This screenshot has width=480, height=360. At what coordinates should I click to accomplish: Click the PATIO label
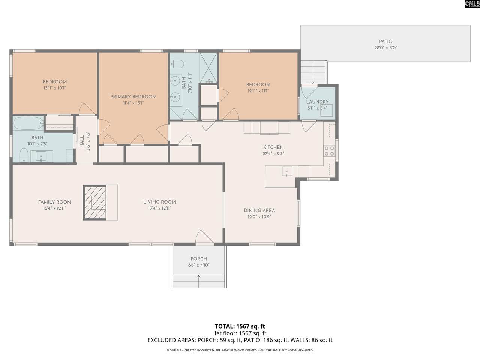coord(386,42)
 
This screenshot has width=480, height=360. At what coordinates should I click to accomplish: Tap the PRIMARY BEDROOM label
coord(133,97)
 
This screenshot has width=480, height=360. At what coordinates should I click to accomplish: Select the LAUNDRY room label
coord(317,102)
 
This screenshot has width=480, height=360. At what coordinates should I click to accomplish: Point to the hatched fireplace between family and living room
coord(95,203)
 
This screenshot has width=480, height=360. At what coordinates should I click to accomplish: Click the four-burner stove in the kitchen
coord(329,151)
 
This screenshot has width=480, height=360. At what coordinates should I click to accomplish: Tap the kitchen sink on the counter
coord(287,172)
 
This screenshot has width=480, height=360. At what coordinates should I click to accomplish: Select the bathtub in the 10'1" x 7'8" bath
coord(28,123)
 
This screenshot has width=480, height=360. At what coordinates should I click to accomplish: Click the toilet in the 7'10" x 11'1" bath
coord(177,64)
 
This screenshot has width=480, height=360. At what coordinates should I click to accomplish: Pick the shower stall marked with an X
coord(208,68)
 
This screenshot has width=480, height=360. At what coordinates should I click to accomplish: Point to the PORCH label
coord(199,259)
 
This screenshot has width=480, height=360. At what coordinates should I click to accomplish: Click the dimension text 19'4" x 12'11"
coord(159,208)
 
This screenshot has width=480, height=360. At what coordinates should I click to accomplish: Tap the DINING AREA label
coord(259,211)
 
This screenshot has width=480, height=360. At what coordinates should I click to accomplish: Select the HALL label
coord(82,141)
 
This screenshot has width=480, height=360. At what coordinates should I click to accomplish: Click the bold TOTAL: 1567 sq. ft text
coord(240,326)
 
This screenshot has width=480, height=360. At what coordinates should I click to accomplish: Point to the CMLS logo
coord(472,4)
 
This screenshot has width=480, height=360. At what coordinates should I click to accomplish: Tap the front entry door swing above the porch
coord(204,237)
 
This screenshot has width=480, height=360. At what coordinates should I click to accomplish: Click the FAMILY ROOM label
coord(55,202)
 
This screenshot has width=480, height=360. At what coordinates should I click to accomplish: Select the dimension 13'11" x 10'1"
coord(55,88)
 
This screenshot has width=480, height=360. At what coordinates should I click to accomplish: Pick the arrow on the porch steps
coord(199,281)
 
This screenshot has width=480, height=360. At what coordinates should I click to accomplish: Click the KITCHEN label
coord(273,147)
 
